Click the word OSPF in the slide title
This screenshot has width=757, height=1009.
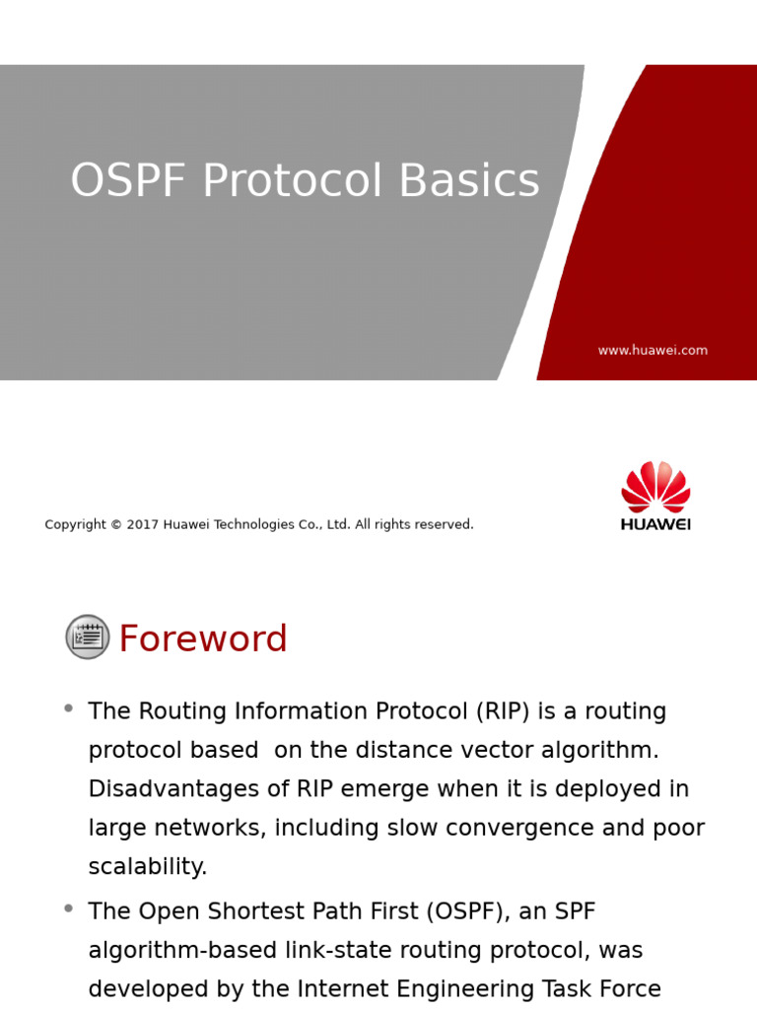pos(128,180)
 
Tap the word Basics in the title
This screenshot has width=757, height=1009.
pos(469,180)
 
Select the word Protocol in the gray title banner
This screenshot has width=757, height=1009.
pos(293,180)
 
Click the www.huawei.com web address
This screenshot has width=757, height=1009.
pos(653,350)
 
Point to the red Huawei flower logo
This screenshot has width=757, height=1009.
pos(655,487)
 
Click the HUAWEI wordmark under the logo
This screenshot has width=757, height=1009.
pos(655,524)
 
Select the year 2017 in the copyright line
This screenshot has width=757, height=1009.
pos(142,524)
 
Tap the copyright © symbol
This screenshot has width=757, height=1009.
pos(116,524)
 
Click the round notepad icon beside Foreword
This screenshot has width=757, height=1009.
pos(88,638)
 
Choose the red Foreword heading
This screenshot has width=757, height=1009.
pos(203,639)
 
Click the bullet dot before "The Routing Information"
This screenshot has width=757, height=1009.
pos(68,708)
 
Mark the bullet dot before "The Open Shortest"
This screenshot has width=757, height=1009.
pos(68,908)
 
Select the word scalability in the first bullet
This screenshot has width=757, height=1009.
pos(148,867)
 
